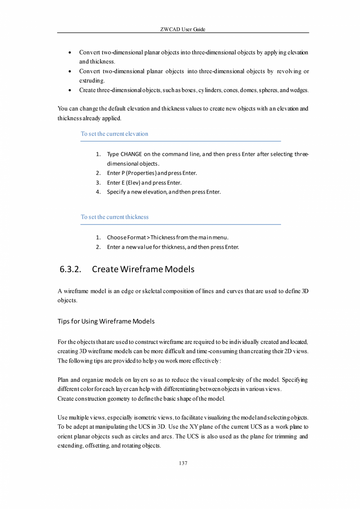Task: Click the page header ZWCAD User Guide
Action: (183, 29)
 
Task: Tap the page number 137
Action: (183, 463)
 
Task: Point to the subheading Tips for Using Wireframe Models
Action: (106, 321)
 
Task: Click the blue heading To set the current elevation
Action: (114, 134)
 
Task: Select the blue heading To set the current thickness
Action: (115, 217)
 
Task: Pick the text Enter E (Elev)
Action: (124, 182)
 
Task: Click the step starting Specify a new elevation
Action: (164, 192)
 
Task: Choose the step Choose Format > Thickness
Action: (167, 237)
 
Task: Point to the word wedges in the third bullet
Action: (299, 90)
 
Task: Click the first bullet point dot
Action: (69, 52)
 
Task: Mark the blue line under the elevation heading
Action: (180, 141)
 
